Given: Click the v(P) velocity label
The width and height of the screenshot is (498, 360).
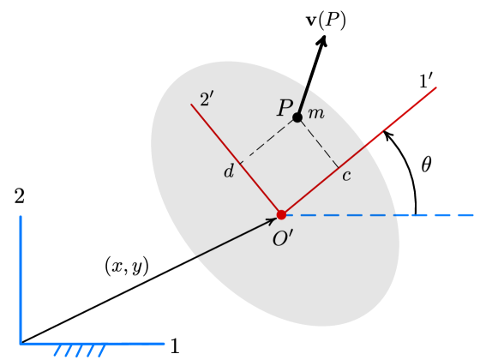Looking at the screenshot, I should click(326, 21).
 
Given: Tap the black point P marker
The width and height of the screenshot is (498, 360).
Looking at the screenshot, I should click(297, 117).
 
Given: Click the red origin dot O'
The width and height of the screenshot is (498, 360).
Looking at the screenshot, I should click(281, 214).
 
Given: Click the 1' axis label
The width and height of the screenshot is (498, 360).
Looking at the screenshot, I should click(426, 81).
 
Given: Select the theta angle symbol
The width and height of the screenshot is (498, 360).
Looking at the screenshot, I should click(426, 164).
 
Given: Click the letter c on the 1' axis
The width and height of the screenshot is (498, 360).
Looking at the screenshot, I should click(346, 177).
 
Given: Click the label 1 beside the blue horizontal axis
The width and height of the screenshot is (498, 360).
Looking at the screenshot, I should click(175, 347).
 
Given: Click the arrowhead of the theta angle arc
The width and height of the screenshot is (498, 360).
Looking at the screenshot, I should click(387, 134).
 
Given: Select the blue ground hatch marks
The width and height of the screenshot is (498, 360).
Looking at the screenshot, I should click(80, 350).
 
